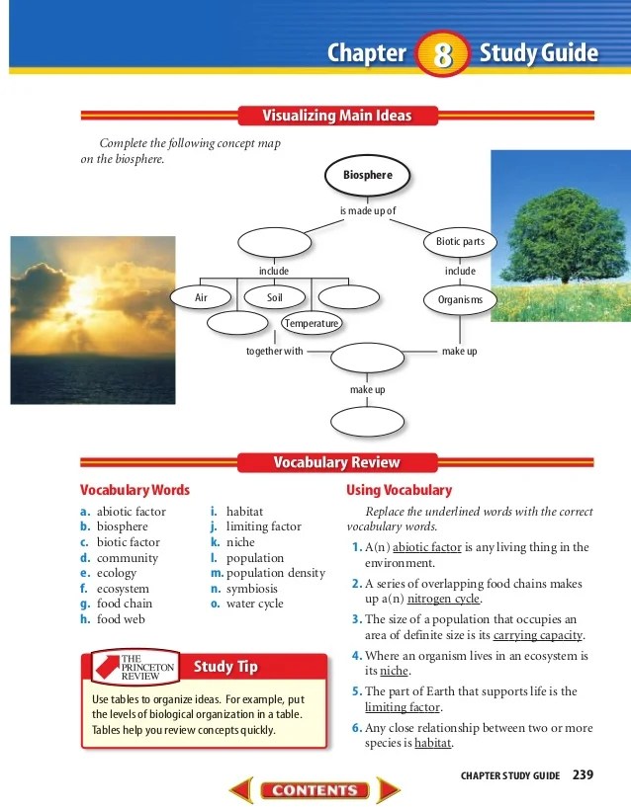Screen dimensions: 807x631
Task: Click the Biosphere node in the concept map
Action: pyautogui.click(x=367, y=176)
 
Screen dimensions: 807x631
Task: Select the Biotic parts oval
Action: pyautogui.click(x=460, y=242)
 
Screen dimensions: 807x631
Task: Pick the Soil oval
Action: pyautogui.click(x=275, y=297)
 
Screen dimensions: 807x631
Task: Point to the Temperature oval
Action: pyautogui.click(x=312, y=323)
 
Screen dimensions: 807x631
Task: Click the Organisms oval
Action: pyautogui.click(x=460, y=299)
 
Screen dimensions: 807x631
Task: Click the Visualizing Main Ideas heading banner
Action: pyautogui.click(x=336, y=116)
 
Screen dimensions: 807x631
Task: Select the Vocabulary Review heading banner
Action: pyautogui.click(x=336, y=462)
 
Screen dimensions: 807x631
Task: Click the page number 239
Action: pyautogui.click(x=583, y=774)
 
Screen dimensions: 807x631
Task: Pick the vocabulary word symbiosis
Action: pyautogui.click(x=254, y=589)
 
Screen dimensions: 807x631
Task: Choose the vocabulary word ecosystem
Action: pyautogui.click(x=123, y=589)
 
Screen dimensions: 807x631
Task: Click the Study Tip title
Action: pyautogui.click(x=225, y=667)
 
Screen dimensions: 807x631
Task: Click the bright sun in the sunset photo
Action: pyautogui.click(x=78, y=293)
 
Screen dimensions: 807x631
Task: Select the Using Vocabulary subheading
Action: pyautogui.click(x=399, y=490)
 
